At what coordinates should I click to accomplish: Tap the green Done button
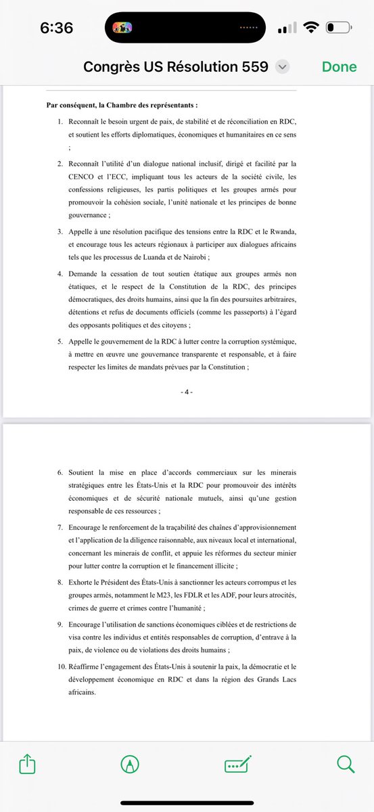[339, 66]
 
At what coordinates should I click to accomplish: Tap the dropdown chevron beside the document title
[283, 66]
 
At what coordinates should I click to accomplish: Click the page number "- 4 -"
[187, 392]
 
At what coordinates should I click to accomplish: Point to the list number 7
[60, 526]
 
